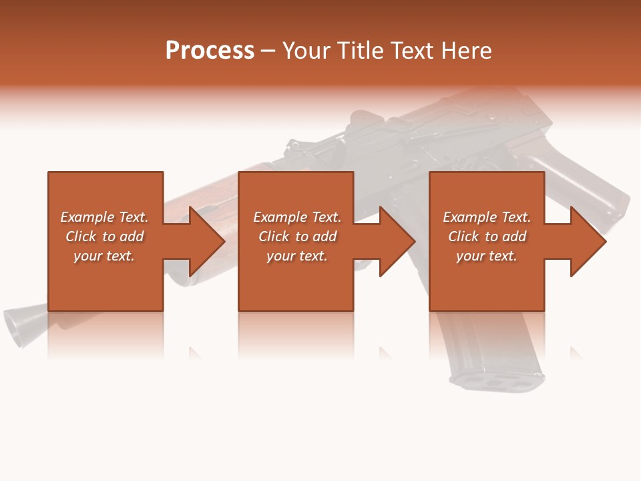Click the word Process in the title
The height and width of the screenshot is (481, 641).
[210, 51]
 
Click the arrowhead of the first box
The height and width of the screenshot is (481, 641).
[206, 241]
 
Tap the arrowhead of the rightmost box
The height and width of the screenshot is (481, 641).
[588, 241]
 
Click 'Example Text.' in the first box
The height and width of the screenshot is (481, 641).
[104, 217]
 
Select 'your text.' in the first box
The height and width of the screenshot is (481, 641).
[104, 256]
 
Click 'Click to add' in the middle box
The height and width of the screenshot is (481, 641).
[297, 236]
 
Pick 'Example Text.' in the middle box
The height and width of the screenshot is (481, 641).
[297, 217]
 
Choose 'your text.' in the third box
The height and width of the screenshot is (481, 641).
[487, 256]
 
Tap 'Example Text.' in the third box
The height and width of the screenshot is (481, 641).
[487, 217]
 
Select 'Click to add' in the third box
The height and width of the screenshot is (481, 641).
[487, 236]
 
